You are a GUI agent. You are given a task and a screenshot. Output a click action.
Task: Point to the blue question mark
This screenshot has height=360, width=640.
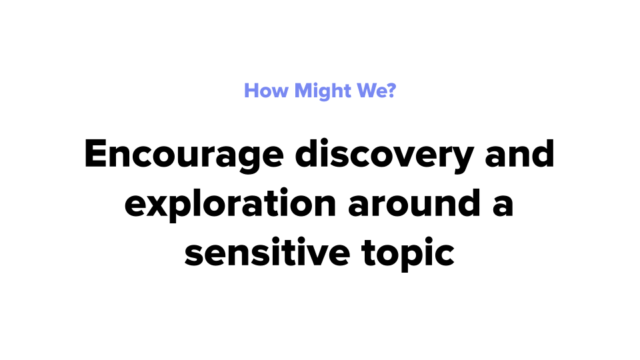pos(391,90)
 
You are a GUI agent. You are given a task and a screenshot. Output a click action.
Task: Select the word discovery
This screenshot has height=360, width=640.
pos(385,155)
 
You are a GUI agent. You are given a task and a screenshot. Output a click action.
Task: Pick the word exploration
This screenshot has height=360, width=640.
pos(230,204)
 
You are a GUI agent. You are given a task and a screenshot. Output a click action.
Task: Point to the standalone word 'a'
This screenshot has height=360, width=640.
pos(503,206)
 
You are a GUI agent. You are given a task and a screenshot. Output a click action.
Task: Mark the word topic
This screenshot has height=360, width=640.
pos(408,253)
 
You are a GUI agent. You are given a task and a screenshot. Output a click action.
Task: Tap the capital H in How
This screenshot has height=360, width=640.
pos(251,91)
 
